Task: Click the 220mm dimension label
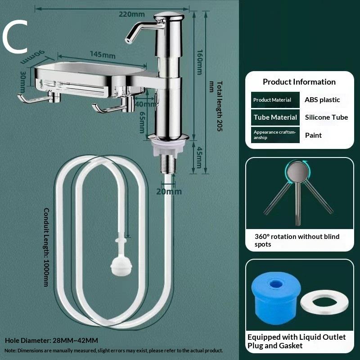132,14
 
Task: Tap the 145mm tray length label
103,54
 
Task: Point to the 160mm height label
200,62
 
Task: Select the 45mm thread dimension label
199,157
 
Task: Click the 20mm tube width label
169,192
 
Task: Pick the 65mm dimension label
142,122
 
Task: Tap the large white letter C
15,37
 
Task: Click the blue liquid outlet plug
276,298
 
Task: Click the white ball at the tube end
121,265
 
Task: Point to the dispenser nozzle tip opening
127,41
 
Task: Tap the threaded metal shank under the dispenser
168,163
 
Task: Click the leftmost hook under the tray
39,98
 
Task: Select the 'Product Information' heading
299,82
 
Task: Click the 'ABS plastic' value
322,100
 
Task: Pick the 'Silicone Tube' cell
326,117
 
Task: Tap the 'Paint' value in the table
313,135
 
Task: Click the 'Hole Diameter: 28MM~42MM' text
51,340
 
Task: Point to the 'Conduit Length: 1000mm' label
46,247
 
